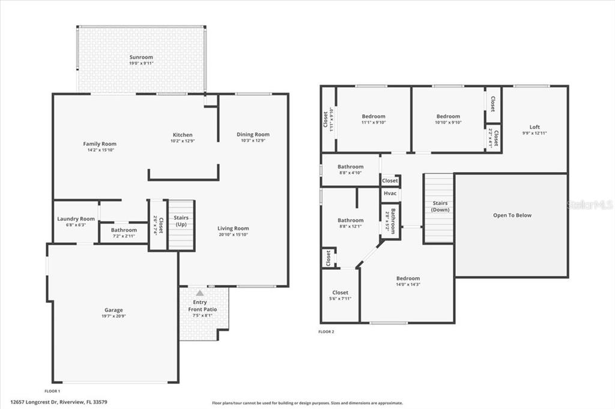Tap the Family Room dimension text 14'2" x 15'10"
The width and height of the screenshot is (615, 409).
point(99,150)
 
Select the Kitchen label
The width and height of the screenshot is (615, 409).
point(183,135)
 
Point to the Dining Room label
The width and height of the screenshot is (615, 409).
point(253,134)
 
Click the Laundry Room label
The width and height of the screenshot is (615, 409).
point(76,219)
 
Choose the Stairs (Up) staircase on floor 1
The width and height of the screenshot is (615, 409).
point(180,225)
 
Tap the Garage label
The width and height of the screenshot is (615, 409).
point(113,310)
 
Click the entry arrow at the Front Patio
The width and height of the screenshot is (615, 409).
point(199,293)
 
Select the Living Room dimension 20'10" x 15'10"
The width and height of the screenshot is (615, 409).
point(233,234)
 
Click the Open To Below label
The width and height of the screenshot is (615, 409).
point(512,215)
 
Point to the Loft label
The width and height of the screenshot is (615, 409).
point(534,127)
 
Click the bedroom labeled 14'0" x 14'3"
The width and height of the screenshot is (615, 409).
point(407,278)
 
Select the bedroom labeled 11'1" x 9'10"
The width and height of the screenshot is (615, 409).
point(373,116)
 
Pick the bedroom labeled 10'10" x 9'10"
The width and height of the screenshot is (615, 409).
point(447,116)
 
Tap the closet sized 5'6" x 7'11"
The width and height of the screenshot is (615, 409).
point(340,293)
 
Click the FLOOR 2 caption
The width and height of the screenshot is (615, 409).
point(326,332)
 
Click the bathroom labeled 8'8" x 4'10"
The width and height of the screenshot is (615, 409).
point(350,167)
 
